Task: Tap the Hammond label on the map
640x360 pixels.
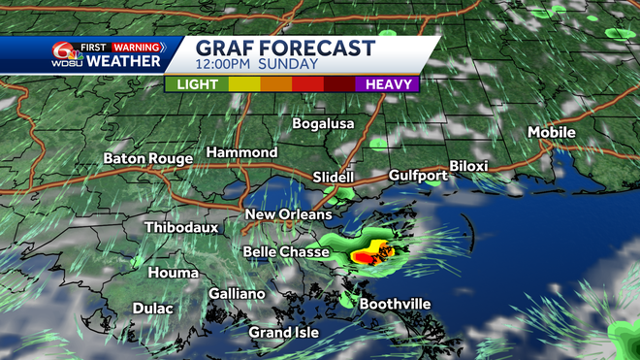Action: (241, 153)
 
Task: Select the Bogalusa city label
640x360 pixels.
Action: (325, 124)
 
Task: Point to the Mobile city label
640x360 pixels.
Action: (551, 132)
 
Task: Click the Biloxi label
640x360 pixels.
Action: (468, 166)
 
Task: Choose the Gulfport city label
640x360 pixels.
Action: (418, 176)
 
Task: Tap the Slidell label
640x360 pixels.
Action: (334, 178)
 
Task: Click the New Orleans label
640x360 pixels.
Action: (288, 214)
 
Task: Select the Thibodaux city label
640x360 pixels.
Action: (181, 227)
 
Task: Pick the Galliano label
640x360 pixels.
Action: (237, 294)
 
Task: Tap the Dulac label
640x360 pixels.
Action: (153, 309)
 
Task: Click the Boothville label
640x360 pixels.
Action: (395, 304)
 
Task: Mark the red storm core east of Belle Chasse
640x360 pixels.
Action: (366, 257)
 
